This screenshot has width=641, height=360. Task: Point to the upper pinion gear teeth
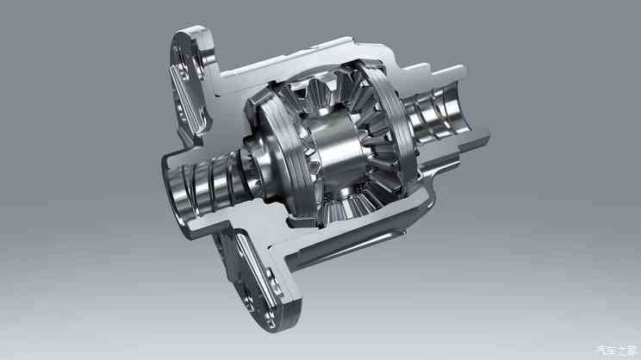[324, 93]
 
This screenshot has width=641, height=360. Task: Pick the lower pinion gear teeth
[352, 203]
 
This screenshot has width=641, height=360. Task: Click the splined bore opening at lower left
[179, 189]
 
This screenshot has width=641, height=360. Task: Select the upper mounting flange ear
[191, 82]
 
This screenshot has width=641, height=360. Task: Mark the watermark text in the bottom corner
[617, 351]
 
